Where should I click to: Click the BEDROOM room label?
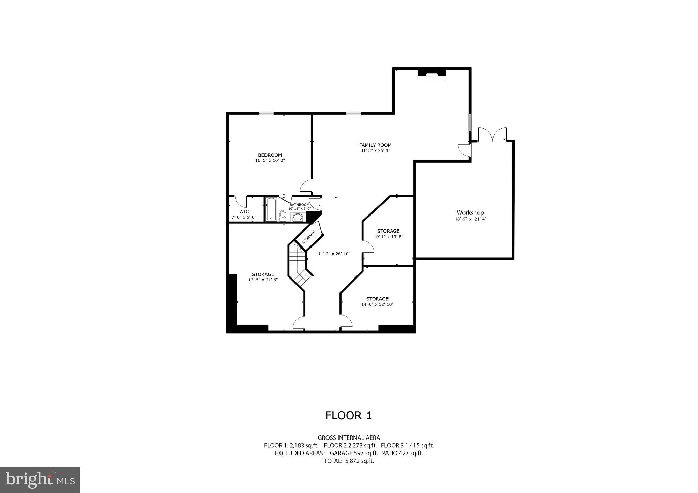tap(270, 155)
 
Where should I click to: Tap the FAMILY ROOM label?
tap(375, 145)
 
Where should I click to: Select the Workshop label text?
tap(470, 213)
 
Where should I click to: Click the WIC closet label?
tap(244, 211)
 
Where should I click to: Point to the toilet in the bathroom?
tap(283, 215)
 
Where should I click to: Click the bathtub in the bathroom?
tap(271, 209)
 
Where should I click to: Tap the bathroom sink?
tap(298, 217)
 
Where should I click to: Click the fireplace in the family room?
tap(431, 75)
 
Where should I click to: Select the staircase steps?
tap(298, 264)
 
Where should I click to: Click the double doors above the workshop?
tap(492, 134)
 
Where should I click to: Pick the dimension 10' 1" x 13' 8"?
tap(388, 236)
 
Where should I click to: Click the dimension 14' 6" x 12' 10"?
tap(377, 304)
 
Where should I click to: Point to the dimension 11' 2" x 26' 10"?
tap(334, 254)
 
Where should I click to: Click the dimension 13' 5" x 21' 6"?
tap(263, 280)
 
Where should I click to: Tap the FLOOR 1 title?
tap(348, 415)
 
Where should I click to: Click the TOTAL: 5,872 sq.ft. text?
tap(349, 461)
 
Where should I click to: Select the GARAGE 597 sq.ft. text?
tap(353, 453)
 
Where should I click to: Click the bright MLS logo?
tap(40, 480)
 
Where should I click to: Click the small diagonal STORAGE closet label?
tap(308, 237)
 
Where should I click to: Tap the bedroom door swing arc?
tap(306, 186)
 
